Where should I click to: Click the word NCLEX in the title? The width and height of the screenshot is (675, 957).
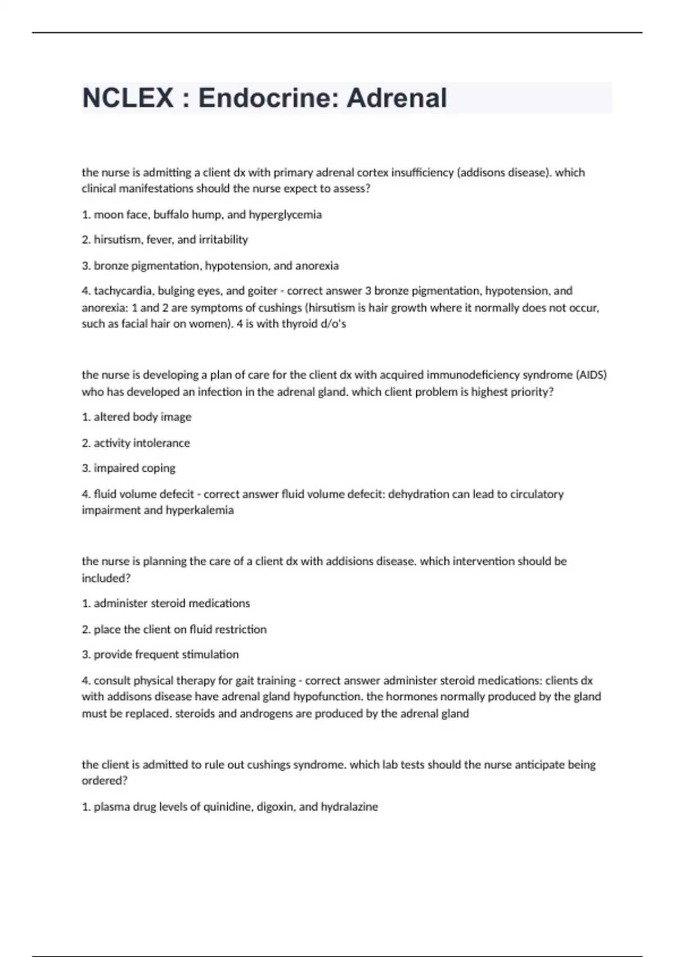[x=128, y=98]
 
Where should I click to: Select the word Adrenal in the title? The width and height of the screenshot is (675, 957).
[x=397, y=98]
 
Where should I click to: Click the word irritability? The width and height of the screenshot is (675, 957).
[x=223, y=240]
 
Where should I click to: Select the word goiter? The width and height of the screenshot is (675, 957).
[x=263, y=291]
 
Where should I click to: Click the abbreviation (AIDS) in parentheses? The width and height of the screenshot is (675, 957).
[x=591, y=375]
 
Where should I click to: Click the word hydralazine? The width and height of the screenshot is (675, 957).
[x=349, y=807]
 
